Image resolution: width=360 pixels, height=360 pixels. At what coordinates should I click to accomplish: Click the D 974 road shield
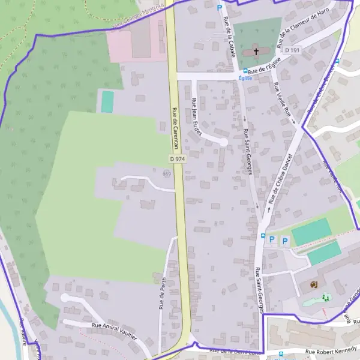(x=178, y=158)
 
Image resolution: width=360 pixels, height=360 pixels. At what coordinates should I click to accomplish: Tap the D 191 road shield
(x=292, y=50)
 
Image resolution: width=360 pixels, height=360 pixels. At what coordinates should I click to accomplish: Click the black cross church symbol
(x=256, y=52)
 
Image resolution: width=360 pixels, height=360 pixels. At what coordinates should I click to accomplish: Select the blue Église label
(x=245, y=78)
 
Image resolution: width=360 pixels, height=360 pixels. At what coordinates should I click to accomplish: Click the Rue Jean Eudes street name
(x=197, y=115)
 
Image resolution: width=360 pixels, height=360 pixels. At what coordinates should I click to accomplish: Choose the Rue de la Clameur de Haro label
(x=304, y=29)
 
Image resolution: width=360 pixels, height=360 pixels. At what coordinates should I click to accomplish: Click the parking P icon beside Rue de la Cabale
(x=220, y=8)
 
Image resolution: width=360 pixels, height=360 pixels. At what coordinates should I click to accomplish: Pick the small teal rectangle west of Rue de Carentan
(x=107, y=102)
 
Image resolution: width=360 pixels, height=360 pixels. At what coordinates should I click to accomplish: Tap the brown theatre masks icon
(x=313, y=284)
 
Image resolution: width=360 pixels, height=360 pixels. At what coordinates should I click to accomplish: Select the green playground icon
(x=326, y=298)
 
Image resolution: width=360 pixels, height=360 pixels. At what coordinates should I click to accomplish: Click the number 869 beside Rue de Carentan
(x=166, y=173)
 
